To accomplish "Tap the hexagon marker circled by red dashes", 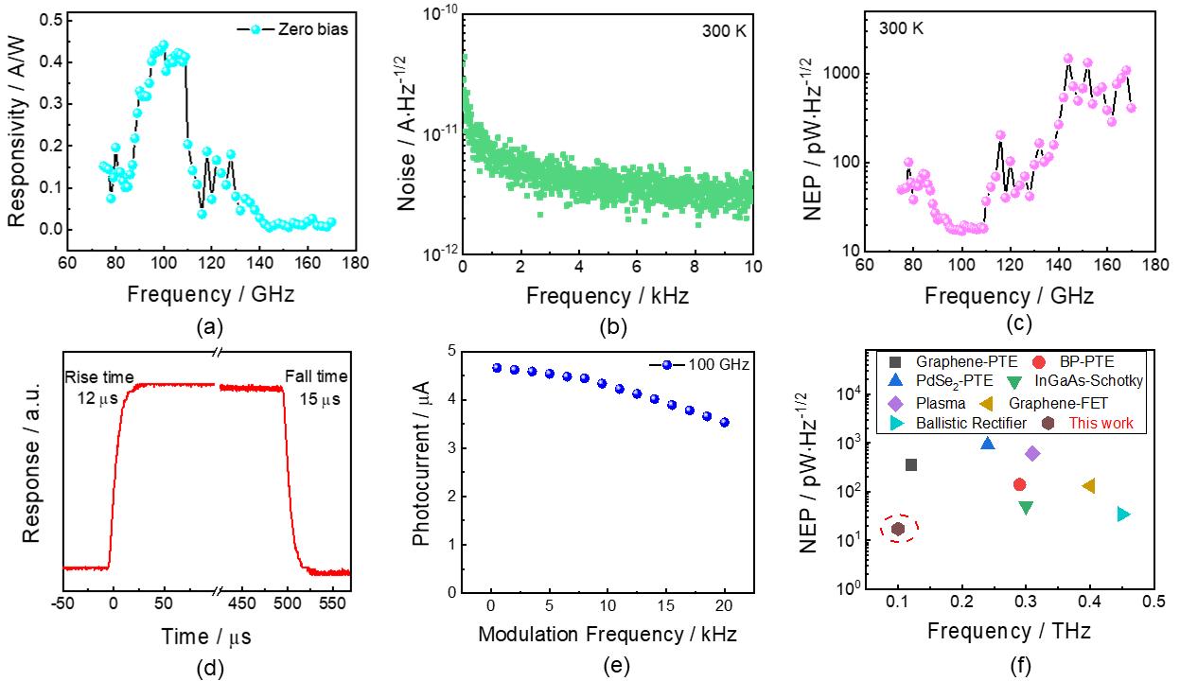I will pos(898,529).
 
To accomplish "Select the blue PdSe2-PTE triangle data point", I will pos(988,443).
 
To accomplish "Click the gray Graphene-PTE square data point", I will pos(911,464).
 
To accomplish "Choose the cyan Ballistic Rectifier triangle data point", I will pos(1123,514).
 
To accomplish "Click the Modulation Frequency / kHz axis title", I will pos(607,633).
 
